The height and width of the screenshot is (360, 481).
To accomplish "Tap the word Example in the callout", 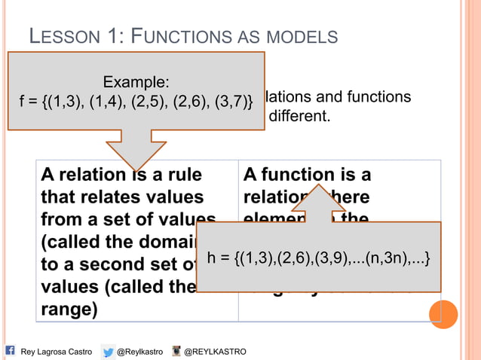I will [x=136, y=82].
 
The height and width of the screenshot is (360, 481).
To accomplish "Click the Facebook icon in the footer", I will [x=11, y=350].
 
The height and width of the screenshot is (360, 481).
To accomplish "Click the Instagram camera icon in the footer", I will [x=176, y=351].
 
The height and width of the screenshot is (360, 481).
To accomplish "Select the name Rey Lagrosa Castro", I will [x=56, y=352].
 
